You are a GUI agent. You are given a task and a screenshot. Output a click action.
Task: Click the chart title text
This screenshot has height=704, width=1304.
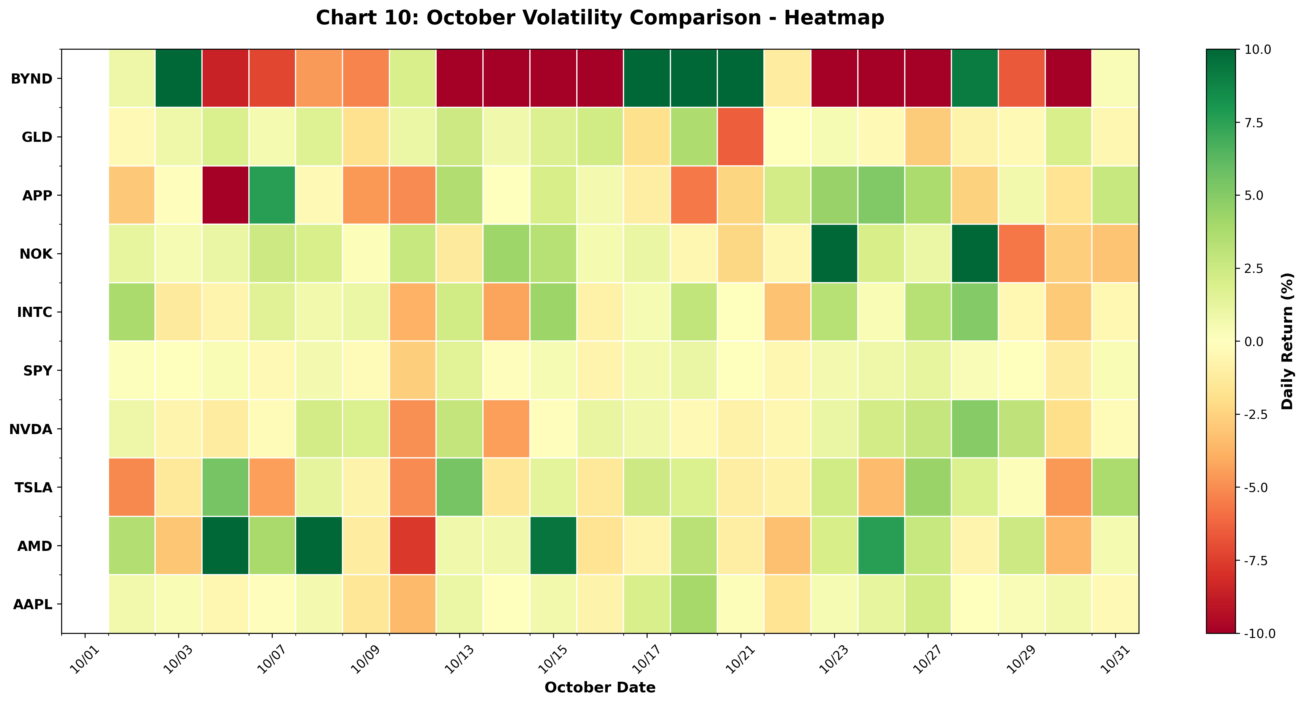click(600, 18)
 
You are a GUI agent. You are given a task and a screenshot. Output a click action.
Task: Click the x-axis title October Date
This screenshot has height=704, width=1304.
click(600, 687)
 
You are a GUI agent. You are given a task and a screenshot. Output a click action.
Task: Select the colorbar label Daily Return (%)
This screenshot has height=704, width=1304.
click(1287, 341)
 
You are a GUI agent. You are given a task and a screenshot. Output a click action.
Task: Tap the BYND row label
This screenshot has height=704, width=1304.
click(31, 78)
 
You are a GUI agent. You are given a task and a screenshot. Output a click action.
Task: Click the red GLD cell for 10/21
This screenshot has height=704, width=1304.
click(740, 137)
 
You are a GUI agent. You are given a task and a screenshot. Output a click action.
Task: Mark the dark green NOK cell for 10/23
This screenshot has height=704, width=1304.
click(834, 253)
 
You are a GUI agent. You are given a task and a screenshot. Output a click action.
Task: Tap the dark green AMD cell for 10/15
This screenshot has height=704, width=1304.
click(553, 546)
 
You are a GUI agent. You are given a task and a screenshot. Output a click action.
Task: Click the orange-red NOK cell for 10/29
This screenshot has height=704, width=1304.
click(1022, 253)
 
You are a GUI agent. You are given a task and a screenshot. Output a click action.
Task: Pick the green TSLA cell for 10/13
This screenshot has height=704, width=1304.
click(459, 487)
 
